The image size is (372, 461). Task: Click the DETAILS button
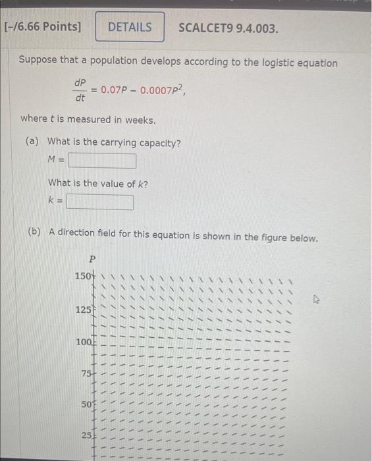point(130,27)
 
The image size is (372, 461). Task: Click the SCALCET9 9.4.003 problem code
point(228,28)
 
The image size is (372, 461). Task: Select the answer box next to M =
point(102,161)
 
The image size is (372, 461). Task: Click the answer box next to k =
point(99,202)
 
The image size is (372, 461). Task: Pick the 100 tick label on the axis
point(83,342)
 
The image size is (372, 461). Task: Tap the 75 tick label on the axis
point(86,373)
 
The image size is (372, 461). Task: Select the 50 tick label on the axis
point(86,404)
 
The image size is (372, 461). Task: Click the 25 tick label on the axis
point(86,435)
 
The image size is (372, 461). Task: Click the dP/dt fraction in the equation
point(80,91)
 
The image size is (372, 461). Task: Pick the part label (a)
point(32,142)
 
